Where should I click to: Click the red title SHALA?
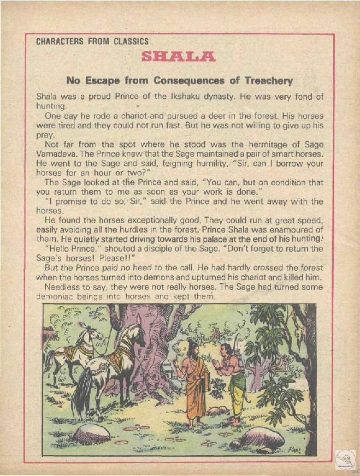point(179,57)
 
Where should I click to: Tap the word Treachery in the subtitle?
point(266,80)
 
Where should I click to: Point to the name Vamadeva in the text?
point(54,153)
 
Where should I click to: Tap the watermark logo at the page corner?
point(345,459)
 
